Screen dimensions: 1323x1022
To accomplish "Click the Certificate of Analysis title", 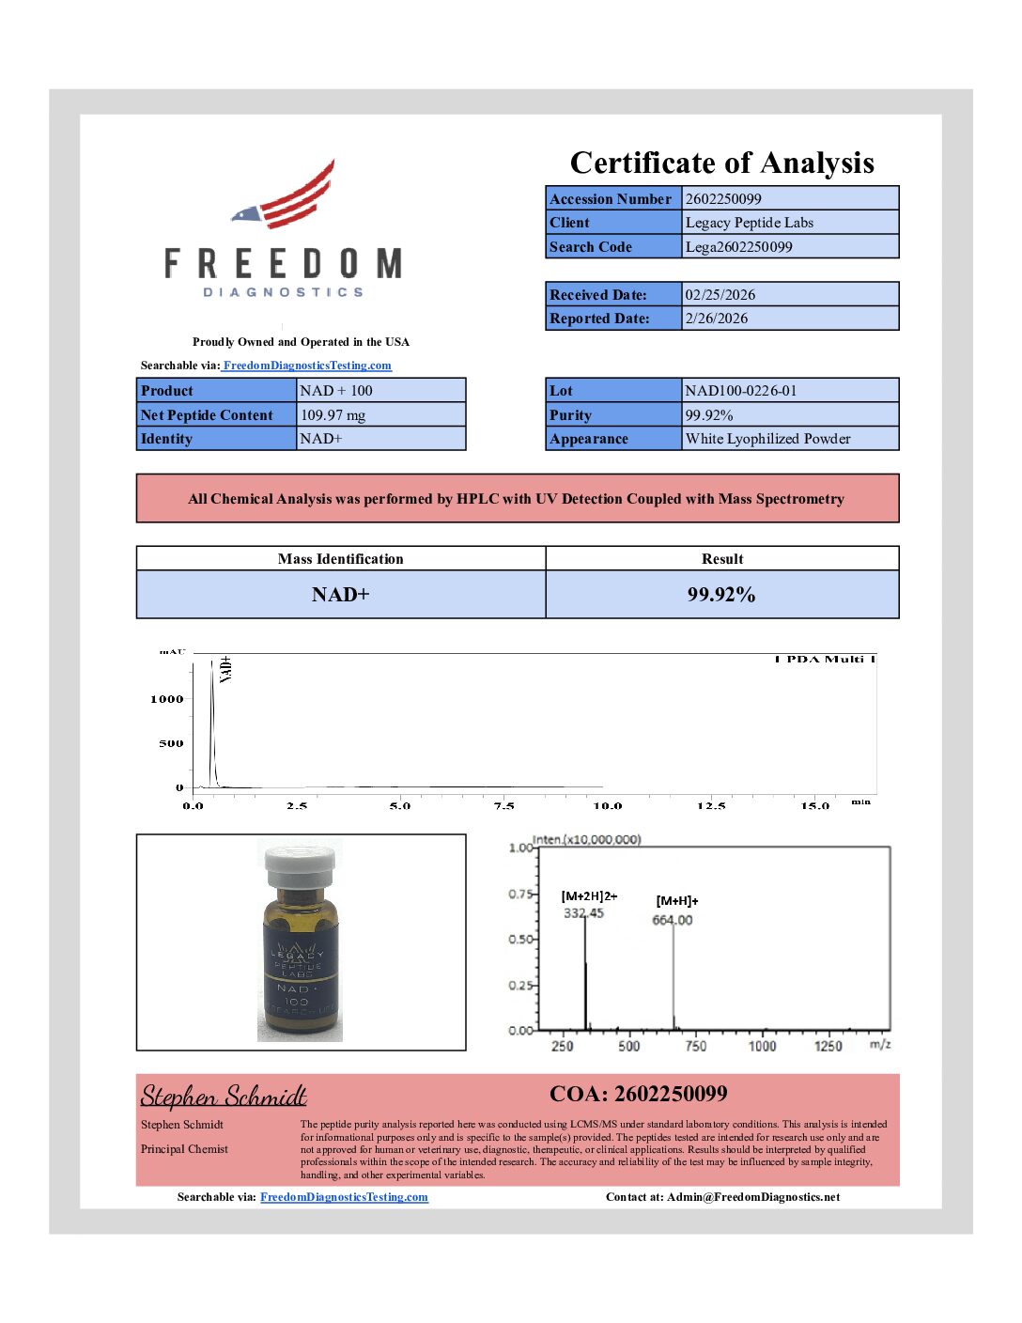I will [721, 163].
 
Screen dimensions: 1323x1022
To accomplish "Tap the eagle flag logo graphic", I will [286, 197].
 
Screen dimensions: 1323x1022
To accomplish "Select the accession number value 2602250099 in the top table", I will [723, 198].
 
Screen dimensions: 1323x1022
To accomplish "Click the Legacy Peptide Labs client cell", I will [749, 223].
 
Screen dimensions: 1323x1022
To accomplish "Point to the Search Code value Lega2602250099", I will [738, 247].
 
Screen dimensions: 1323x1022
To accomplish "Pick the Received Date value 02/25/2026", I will [720, 294].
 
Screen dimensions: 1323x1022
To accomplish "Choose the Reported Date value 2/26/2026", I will [716, 319].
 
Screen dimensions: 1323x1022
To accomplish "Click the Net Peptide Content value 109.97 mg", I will [333, 414].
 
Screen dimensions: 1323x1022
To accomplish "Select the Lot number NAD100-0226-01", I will [740, 390].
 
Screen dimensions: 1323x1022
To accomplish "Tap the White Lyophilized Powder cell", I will [767, 439].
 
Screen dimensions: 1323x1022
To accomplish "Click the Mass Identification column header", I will [340, 558].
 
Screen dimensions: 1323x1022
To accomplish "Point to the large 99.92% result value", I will [720, 595].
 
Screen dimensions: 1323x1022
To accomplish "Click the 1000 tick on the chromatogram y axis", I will [167, 699].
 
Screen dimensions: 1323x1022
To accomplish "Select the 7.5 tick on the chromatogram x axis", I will [503, 805].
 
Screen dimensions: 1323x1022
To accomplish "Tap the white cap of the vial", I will [300, 862].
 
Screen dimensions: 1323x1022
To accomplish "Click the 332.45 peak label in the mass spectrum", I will [583, 912].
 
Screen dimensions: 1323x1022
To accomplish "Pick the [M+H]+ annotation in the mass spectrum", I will [676, 900].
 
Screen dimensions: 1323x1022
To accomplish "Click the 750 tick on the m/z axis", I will [695, 1046].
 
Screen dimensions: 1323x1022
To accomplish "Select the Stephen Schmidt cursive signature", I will [224, 1097].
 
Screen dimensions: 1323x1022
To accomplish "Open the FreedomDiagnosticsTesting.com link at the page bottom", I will [344, 1197].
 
